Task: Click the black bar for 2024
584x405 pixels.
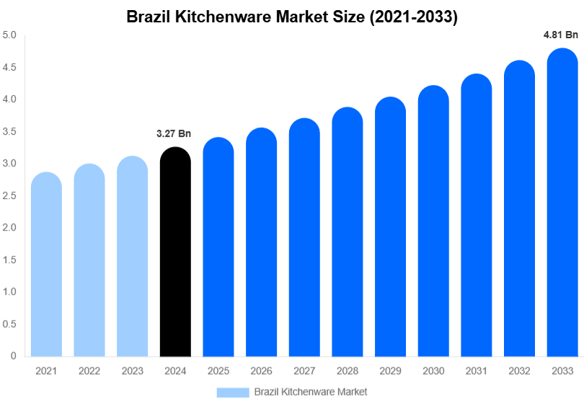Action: pyautogui.click(x=175, y=252)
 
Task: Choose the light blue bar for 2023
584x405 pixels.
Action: pyautogui.click(x=132, y=257)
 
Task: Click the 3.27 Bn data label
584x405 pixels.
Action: pyautogui.click(x=174, y=133)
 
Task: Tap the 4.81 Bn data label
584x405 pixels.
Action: pyautogui.click(x=561, y=35)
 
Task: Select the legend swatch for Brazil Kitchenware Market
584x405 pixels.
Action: pyautogui.click(x=233, y=392)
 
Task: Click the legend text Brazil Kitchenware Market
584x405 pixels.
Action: pyautogui.click(x=311, y=392)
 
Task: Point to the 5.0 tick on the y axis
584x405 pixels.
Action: pyautogui.click(x=9, y=35)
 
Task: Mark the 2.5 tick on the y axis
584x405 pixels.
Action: pyautogui.click(x=9, y=196)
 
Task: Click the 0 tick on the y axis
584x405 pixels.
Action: pyautogui.click(x=14, y=356)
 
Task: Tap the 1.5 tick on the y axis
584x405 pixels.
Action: pyautogui.click(x=9, y=260)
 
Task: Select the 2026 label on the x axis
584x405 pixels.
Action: pyautogui.click(x=261, y=371)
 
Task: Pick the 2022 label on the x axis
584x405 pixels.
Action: pyautogui.click(x=89, y=371)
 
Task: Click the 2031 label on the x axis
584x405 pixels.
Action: pyautogui.click(x=476, y=371)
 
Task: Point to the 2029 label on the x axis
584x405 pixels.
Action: pyautogui.click(x=390, y=371)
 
